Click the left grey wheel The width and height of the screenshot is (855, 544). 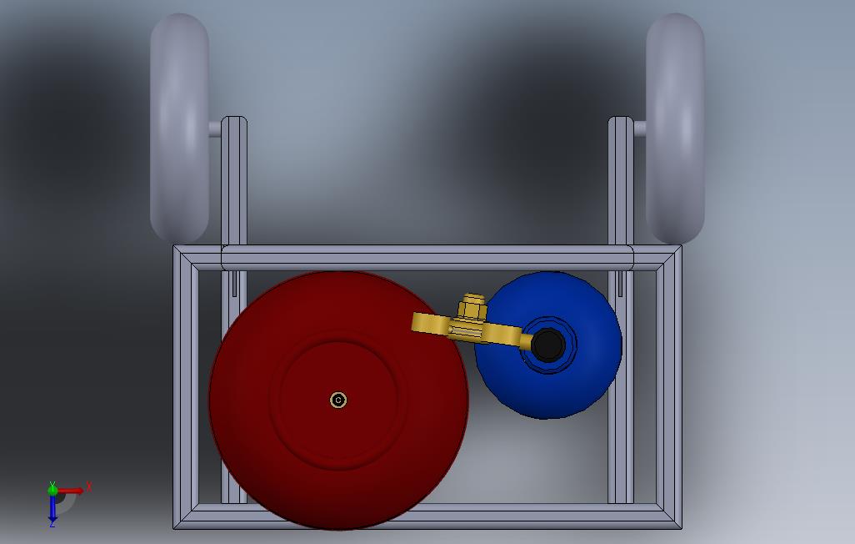[179, 128]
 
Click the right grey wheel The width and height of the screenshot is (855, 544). [675, 128]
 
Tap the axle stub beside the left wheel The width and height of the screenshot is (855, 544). [215, 128]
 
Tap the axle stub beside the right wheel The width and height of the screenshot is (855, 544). [640, 128]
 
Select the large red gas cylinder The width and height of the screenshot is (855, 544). [338, 400]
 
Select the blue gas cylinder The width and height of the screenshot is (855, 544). [548, 345]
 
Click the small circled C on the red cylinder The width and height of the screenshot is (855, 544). [338, 400]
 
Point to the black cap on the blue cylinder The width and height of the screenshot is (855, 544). [548, 345]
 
